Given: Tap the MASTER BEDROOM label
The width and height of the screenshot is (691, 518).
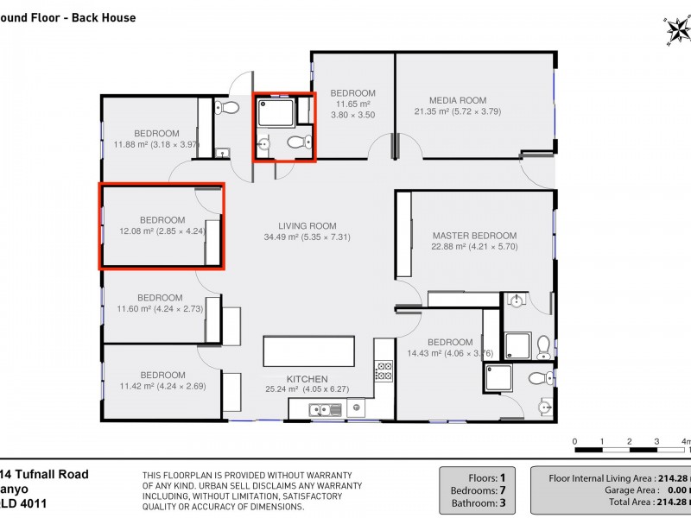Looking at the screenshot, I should point(474,236).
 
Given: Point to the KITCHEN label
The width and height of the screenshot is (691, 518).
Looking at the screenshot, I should point(307,379).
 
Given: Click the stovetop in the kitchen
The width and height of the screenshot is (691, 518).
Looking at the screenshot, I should point(384,372).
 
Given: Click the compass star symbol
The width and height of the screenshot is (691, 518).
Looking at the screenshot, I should point(676,32).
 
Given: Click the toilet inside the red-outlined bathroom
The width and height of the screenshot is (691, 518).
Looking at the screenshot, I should point(296,143).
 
